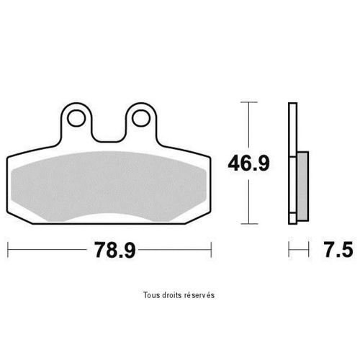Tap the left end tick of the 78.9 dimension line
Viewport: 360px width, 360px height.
point(7,251)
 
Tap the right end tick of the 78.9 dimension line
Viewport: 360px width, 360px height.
point(212,251)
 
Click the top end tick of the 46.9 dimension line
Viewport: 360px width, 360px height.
point(248,103)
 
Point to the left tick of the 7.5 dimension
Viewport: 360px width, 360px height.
point(289,251)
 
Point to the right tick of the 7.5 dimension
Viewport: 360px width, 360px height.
point(309,251)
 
